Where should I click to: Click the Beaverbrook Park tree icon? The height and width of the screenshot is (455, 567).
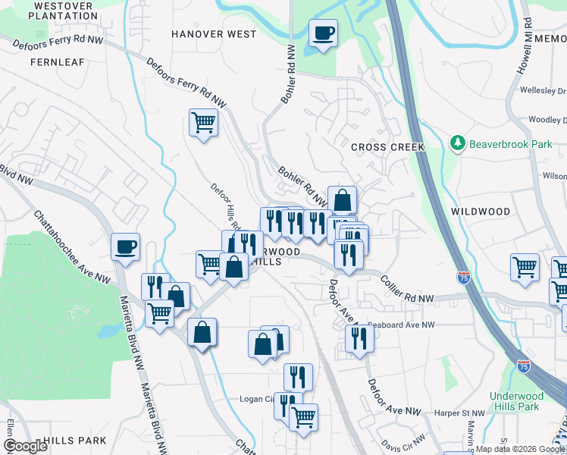457,143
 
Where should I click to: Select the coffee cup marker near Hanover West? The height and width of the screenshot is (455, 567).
323,33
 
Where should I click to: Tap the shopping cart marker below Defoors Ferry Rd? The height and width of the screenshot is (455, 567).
203,121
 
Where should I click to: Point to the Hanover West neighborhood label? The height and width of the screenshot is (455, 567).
213,34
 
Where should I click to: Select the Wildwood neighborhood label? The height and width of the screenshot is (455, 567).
480,211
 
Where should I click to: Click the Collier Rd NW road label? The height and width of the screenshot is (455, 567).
407,290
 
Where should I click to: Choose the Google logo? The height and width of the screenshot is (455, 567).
26,446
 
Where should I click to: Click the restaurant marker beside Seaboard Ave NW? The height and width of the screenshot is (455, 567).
359,337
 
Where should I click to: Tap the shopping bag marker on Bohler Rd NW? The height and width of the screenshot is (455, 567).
342,200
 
